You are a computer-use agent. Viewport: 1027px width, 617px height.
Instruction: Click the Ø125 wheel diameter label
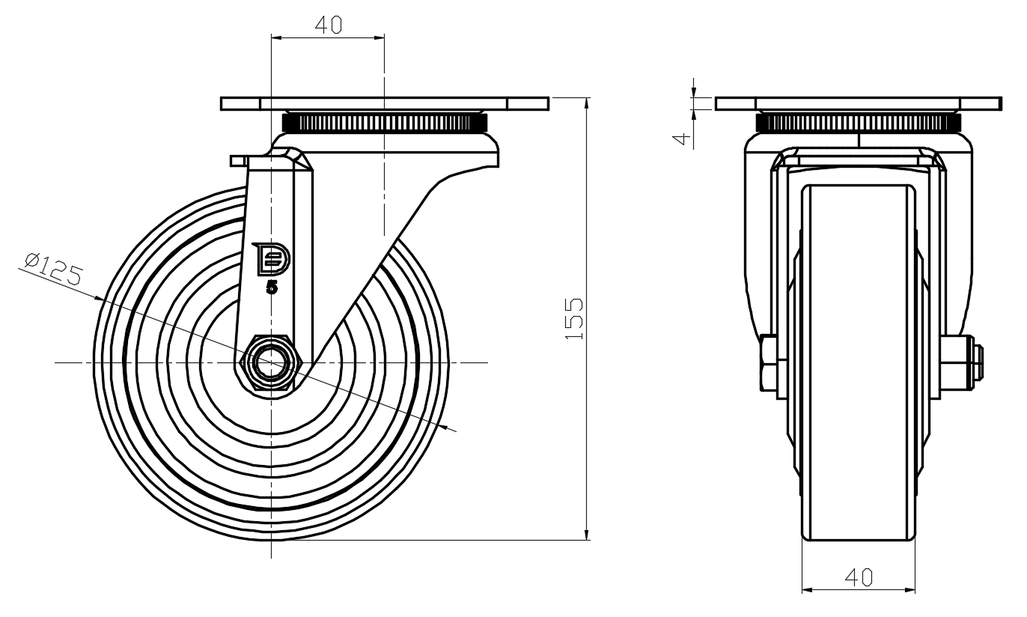[54, 269]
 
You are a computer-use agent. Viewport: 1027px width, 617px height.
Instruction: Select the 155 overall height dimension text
[573, 319]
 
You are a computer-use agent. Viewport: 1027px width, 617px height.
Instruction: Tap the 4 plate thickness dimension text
[682, 139]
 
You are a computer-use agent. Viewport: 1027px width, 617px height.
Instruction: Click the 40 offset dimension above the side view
[329, 25]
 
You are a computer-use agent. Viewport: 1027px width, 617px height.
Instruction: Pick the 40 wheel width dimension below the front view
[859, 577]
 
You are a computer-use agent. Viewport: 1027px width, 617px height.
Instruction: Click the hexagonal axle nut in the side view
[270, 363]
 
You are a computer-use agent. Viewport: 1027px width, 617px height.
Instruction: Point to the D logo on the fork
[271, 259]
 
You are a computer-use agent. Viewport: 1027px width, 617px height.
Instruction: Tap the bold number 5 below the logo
[272, 288]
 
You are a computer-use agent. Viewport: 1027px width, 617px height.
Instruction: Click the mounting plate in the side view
[385, 103]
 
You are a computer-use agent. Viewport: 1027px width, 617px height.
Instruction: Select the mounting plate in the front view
[859, 103]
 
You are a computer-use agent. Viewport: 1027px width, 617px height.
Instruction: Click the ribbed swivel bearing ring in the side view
[385, 123]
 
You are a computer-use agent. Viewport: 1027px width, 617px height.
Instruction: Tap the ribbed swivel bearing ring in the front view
[859, 123]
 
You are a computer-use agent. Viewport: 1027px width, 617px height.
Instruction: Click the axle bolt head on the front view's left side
[769, 363]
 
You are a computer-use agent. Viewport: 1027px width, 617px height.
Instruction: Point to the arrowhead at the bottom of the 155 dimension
[586, 534]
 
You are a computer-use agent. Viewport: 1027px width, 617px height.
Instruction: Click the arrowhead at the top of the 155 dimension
[586, 103]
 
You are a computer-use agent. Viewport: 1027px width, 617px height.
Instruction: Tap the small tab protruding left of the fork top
[238, 161]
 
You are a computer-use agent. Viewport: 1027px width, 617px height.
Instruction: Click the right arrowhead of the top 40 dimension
[378, 38]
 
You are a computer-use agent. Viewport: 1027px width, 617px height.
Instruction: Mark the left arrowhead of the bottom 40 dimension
[808, 590]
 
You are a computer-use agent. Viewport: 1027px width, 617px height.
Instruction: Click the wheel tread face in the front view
[859, 362]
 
